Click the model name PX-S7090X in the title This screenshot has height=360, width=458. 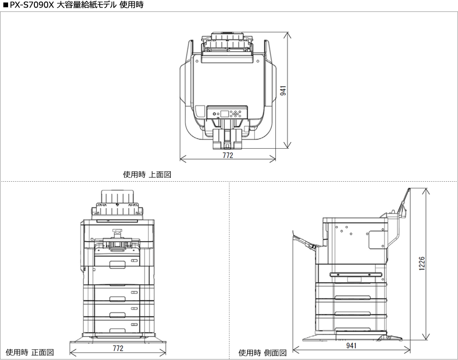(x=31, y=5)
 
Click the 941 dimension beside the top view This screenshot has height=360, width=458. (x=282, y=91)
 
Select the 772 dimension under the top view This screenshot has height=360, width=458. (x=228, y=156)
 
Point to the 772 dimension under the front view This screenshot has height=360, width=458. (x=118, y=348)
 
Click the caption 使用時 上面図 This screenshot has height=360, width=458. (x=147, y=175)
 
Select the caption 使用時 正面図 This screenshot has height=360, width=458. (x=30, y=352)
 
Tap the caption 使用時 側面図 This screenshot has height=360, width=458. (x=262, y=353)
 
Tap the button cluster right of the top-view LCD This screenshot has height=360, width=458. (x=236, y=114)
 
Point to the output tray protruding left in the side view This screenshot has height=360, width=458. (x=305, y=241)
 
